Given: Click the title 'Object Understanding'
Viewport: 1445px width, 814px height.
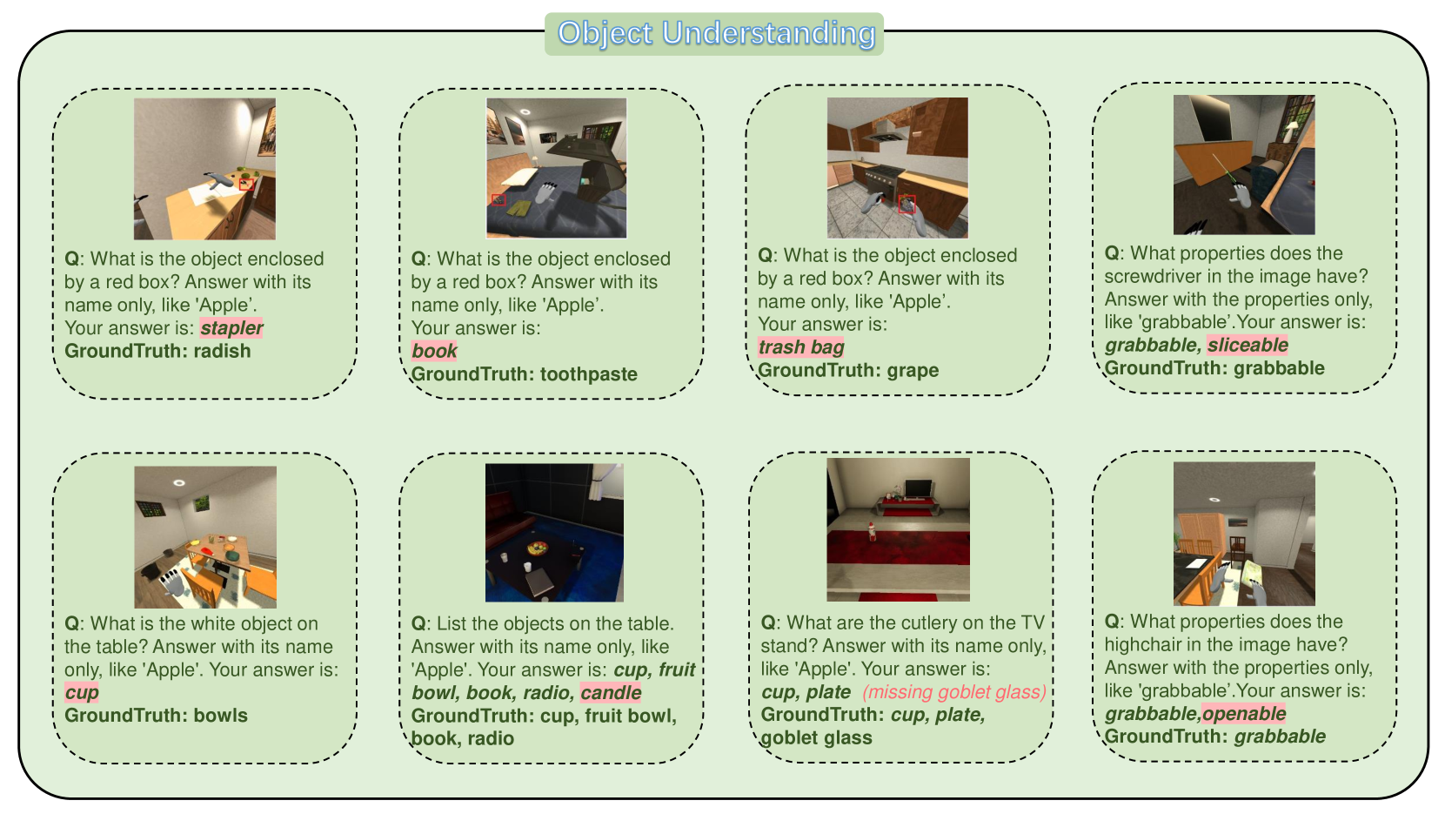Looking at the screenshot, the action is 716,34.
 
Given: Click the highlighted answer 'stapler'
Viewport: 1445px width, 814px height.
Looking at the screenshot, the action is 231,328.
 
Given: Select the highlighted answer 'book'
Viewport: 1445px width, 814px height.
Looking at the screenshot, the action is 434,351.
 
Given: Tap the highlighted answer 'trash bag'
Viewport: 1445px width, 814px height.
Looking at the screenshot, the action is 800,347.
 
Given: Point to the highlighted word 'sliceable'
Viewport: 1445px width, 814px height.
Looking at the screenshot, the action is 1248,345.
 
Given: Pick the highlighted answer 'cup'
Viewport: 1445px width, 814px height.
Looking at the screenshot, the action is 82,693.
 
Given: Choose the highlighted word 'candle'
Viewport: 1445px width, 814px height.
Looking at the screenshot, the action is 611,693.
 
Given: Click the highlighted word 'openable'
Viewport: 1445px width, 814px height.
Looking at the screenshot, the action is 1244,713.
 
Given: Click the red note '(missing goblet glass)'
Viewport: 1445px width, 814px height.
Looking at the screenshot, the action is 954,692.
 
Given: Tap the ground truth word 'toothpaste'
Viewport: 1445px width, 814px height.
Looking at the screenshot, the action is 588,374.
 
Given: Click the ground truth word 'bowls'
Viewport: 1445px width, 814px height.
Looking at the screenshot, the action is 221,716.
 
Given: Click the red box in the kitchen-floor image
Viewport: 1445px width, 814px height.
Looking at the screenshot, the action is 907,204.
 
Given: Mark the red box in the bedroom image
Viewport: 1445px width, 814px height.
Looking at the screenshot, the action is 498,199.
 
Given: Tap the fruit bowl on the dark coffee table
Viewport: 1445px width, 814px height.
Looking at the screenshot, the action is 538,548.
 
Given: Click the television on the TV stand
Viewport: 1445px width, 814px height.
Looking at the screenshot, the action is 919,488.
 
